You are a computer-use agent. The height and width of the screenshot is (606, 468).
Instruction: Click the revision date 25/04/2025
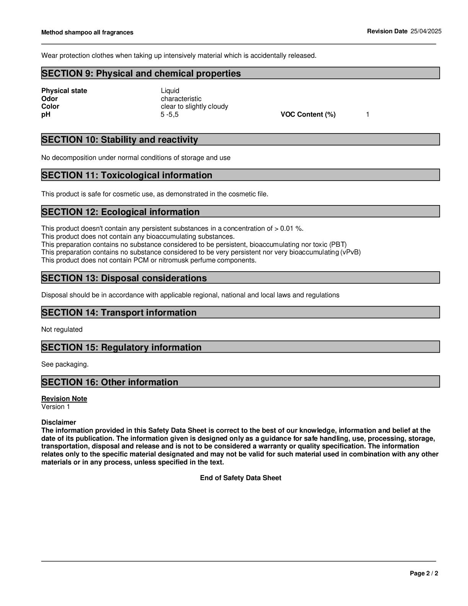(x=426, y=31)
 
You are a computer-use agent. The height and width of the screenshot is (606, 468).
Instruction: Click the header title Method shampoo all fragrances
(x=87, y=33)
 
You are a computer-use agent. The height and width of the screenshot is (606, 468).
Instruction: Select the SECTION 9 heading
(x=141, y=73)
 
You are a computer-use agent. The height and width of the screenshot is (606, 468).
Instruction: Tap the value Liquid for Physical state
(x=170, y=91)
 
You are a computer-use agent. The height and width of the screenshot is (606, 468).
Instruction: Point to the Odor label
(x=49, y=99)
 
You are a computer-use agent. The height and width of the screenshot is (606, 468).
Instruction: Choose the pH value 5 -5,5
(x=169, y=114)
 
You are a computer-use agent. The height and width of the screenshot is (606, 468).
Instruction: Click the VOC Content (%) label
(x=308, y=114)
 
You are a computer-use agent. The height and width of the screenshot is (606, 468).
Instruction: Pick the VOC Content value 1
(x=367, y=114)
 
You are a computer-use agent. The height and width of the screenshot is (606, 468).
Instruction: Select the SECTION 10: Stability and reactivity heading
(x=120, y=140)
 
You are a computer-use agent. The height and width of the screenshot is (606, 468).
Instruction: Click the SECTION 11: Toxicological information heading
(x=127, y=175)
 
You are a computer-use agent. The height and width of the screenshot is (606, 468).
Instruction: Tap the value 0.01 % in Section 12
(x=291, y=228)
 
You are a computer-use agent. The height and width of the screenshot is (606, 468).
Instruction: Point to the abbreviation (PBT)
(x=338, y=244)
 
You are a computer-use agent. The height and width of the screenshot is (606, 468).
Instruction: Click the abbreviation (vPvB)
(x=350, y=252)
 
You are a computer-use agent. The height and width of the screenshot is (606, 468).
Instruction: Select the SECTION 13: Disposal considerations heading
(x=124, y=278)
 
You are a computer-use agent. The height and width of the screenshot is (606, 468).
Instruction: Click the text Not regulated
(x=62, y=329)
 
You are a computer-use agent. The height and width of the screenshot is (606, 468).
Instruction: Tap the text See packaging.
(x=65, y=364)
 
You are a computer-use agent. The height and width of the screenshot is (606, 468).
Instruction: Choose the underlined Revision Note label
(x=64, y=399)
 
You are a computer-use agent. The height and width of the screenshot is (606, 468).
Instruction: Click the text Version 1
(x=56, y=407)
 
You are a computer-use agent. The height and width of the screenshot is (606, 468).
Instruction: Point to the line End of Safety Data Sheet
(x=240, y=478)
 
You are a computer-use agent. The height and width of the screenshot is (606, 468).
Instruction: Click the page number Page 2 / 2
(x=424, y=573)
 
